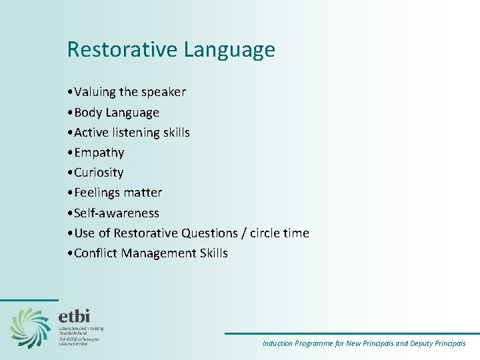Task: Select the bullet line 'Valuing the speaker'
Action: [130, 92]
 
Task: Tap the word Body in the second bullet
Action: [87, 113]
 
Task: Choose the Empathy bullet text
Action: [99, 153]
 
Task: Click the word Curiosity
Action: [99, 173]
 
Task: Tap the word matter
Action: [146, 193]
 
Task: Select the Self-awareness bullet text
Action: [117, 213]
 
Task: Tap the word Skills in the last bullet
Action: [213, 253]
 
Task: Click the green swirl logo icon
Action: [29, 327]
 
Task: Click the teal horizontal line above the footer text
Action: [351, 333]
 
